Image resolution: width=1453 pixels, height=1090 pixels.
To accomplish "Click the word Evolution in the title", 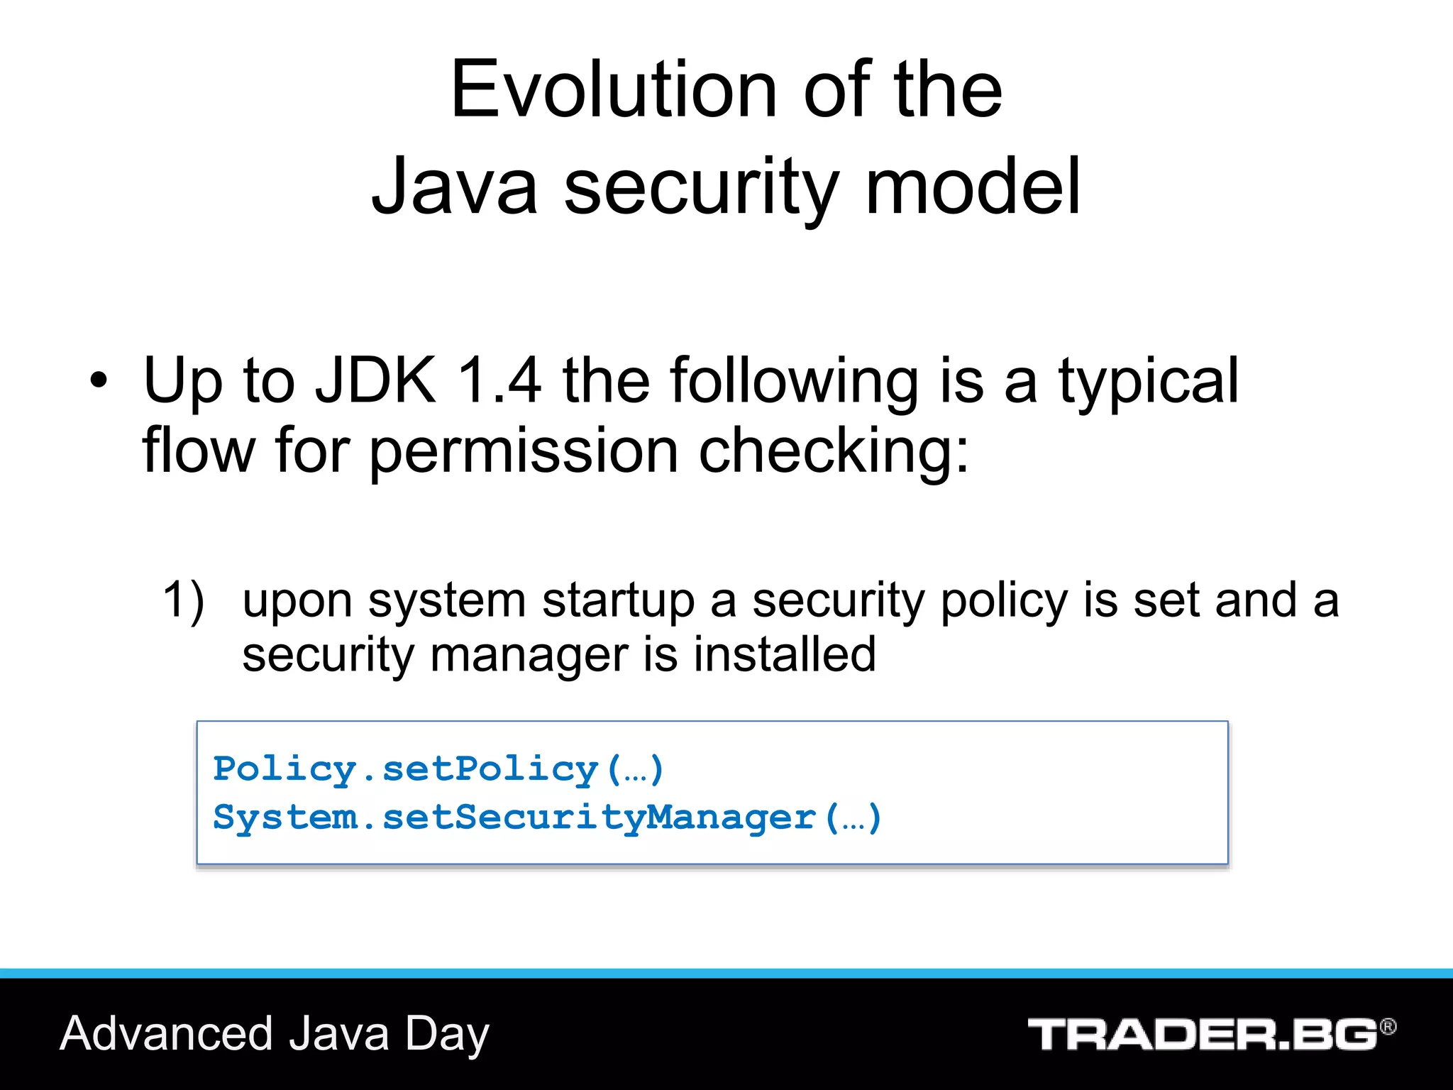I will pos(613,90).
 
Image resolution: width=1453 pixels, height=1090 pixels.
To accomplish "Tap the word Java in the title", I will pos(454,187).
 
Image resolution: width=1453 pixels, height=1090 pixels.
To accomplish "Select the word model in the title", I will pos(973,187).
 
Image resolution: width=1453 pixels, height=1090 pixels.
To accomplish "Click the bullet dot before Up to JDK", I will pos(99,381).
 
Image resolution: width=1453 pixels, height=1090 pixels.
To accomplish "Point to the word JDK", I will pos(375,381).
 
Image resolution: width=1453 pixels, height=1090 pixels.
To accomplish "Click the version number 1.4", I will pos(499,381).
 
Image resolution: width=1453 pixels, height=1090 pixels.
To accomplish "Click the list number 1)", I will pos(183,600).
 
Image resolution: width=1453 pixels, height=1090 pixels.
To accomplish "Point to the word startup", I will pos(618,602).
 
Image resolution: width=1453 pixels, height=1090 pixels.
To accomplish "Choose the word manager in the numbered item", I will pos(529,656).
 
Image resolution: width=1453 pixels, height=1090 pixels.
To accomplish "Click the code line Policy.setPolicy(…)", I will pos(438,769).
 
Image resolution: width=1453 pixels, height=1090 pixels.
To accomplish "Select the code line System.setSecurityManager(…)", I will pos(547,817).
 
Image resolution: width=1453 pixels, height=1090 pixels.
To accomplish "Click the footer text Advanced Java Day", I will pos(275,1034).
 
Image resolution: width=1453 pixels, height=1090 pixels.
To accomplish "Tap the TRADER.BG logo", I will pos(1202,1035).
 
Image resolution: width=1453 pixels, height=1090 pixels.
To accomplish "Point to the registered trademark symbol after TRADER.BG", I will pos(1388,1026).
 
